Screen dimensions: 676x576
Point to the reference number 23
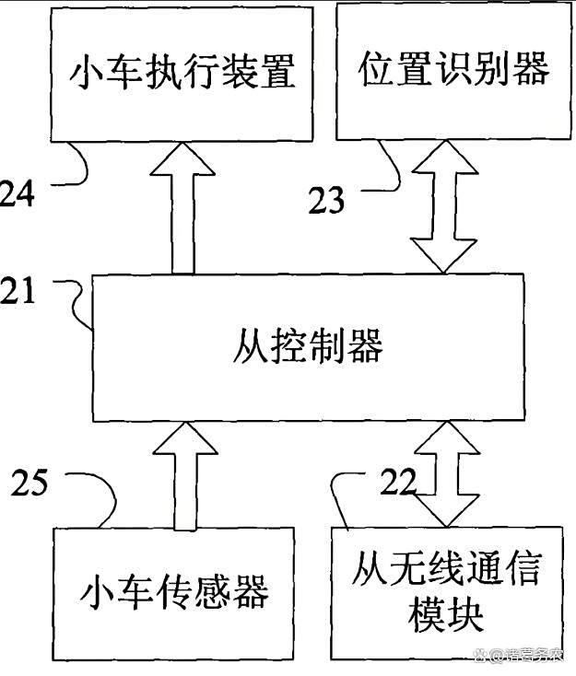click(326, 200)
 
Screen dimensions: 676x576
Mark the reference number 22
click(399, 481)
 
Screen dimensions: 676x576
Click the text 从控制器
click(308, 346)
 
